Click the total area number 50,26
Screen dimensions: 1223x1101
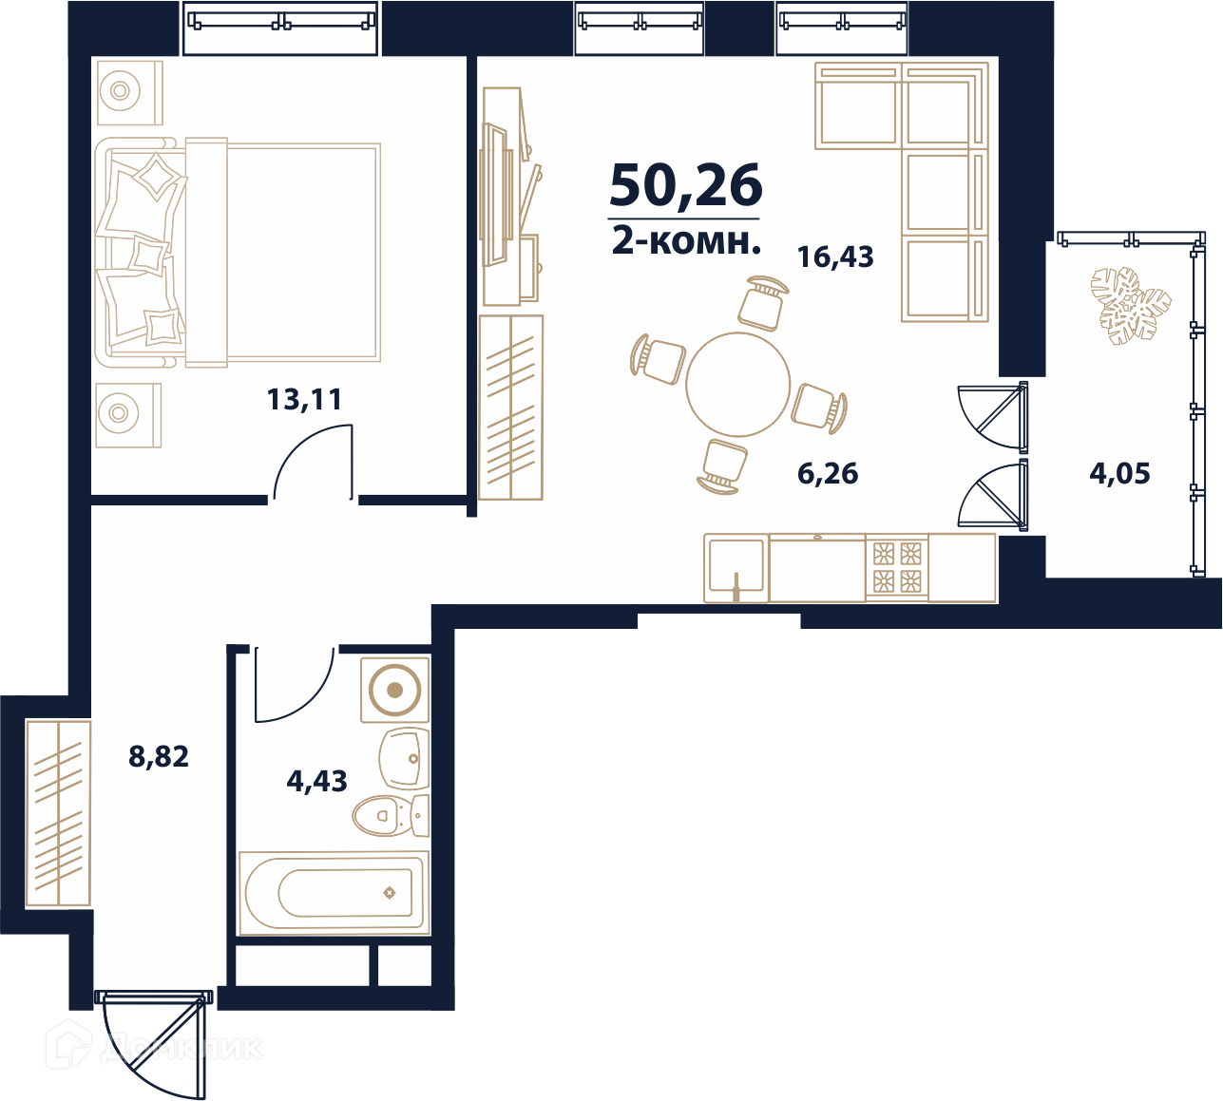click(685, 185)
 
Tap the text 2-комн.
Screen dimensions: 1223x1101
click(686, 242)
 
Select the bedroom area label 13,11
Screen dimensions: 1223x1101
click(304, 400)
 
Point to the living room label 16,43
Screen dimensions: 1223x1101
click(835, 257)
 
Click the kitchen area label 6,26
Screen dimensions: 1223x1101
click(828, 474)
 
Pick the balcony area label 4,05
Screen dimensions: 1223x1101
click(1120, 474)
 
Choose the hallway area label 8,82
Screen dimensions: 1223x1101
click(159, 756)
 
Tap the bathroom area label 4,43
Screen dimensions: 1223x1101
click(316, 781)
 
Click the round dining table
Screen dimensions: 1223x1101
click(737, 384)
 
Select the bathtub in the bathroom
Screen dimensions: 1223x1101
click(334, 893)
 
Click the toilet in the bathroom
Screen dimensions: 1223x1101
click(391, 815)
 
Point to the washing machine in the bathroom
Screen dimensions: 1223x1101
click(395, 690)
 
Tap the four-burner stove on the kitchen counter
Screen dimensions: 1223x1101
click(897, 568)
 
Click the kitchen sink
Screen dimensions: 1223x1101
click(736, 567)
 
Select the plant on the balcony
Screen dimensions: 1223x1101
click(1131, 306)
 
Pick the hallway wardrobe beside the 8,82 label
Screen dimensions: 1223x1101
click(58, 812)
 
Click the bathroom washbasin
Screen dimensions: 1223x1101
click(404, 758)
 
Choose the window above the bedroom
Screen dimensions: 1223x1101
click(280, 28)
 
